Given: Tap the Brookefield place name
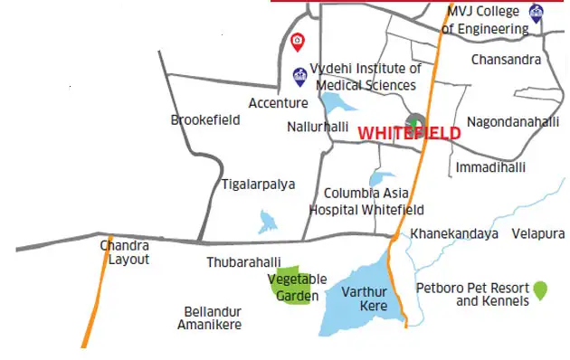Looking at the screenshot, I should (x=205, y=119).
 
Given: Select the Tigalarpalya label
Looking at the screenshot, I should (x=258, y=184).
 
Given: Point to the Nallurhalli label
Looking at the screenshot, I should (x=317, y=127).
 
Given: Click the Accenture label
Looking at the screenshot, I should (x=278, y=103).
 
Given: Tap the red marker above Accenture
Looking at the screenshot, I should (x=297, y=41).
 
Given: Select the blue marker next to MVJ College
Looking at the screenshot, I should (x=537, y=14).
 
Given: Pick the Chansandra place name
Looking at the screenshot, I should (x=506, y=60).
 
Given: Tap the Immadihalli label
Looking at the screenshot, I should (x=489, y=168).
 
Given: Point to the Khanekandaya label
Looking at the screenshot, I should (x=454, y=233).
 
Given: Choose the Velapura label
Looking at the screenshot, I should (x=537, y=233).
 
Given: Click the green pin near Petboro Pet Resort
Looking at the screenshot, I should (x=540, y=289).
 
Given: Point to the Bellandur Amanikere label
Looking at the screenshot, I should (x=209, y=317).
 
